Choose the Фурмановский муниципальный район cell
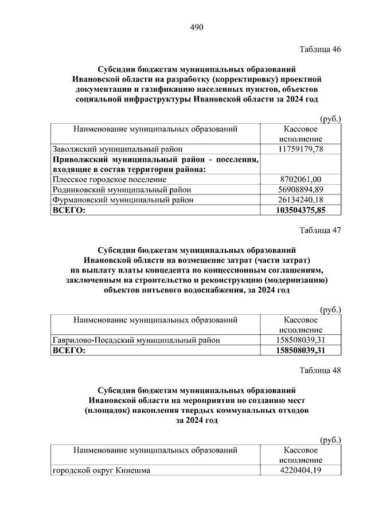pyautogui.click(x=123, y=200)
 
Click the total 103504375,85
pyautogui.click(x=301, y=210)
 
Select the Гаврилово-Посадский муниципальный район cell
pyautogui.click(x=136, y=340)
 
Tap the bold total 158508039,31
pyautogui.click(x=301, y=350)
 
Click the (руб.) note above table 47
pyautogui.click(x=330, y=310)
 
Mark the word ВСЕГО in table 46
pyautogui.click(x=68, y=210)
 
